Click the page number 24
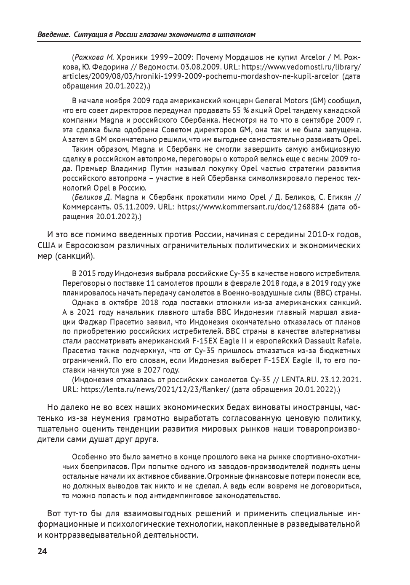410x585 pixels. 43,552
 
